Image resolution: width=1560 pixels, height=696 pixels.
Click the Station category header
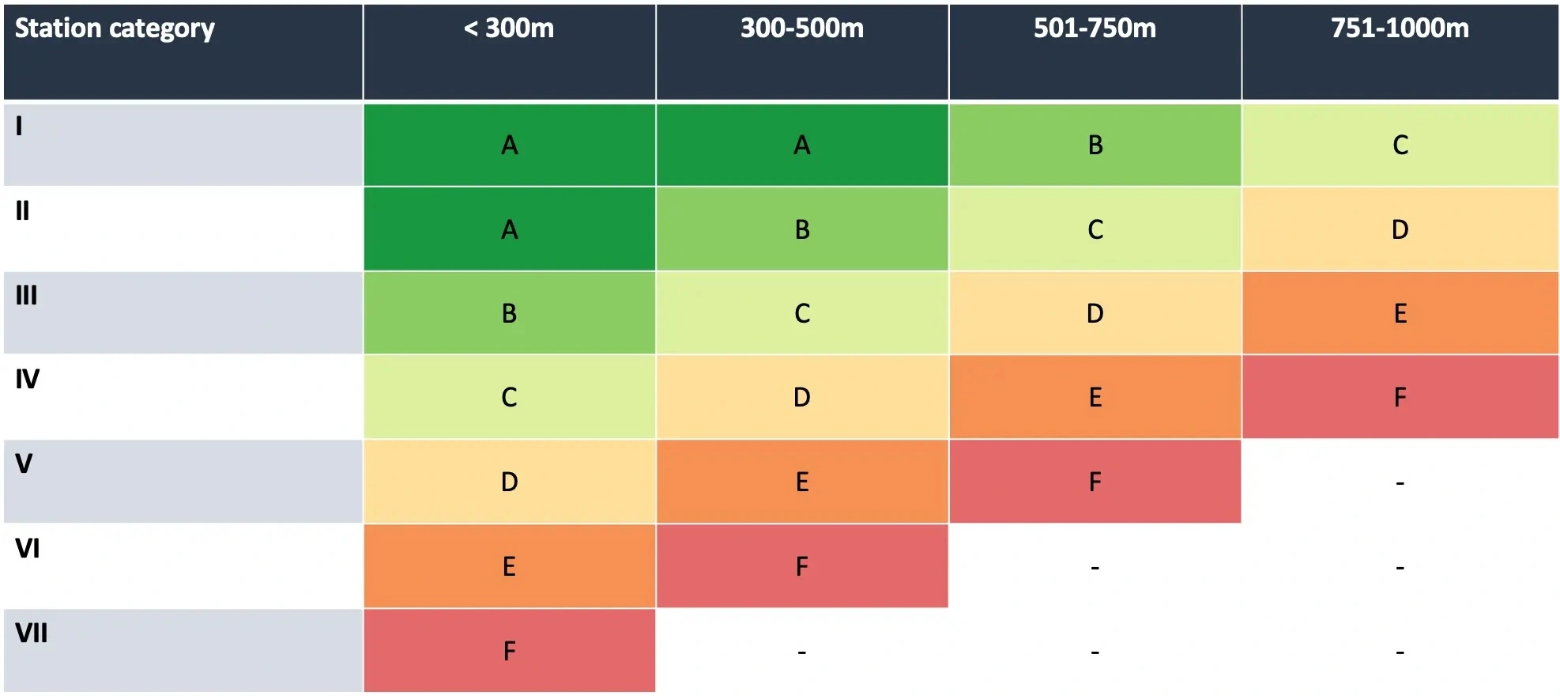pos(115,28)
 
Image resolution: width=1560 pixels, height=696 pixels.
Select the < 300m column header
pos(509,28)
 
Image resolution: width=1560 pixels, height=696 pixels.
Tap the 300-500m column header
pos(801,28)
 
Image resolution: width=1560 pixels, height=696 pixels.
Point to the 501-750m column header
pos(1095,28)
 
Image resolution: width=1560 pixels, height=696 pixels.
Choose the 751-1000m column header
pos(1400,28)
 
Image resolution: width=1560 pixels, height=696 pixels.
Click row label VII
pos(32,633)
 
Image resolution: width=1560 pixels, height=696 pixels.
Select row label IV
pos(28,379)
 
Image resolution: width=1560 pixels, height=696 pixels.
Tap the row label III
pos(27,295)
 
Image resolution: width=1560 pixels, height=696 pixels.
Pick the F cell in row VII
pos(510,651)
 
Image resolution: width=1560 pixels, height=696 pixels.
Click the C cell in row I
pos(1400,145)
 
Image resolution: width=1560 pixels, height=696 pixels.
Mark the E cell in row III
pos(1400,313)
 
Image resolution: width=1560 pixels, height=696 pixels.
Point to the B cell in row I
pos(1095,145)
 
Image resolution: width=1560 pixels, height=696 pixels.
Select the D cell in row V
pos(510,482)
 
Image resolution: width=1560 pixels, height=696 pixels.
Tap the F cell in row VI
pos(801,566)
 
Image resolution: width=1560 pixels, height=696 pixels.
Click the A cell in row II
pos(510,229)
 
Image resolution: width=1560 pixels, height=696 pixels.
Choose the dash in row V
pos(1400,482)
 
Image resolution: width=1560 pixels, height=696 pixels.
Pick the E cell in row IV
pos(1095,397)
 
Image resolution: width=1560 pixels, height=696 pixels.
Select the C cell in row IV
pos(510,397)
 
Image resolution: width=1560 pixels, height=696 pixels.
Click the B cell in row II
pos(801,229)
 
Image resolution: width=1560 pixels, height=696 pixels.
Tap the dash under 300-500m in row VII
pos(801,652)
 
